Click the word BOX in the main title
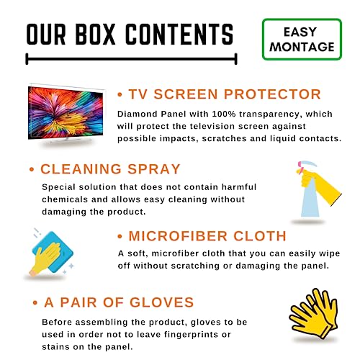[x=95, y=34]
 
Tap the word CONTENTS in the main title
[x=179, y=34]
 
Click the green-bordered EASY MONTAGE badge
[x=302, y=40]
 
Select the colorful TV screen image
[x=66, y=113]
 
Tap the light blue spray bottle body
[x=310, y=199]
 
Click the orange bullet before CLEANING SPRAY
[x=32, y=169]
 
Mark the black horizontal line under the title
[x=131, y=59]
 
